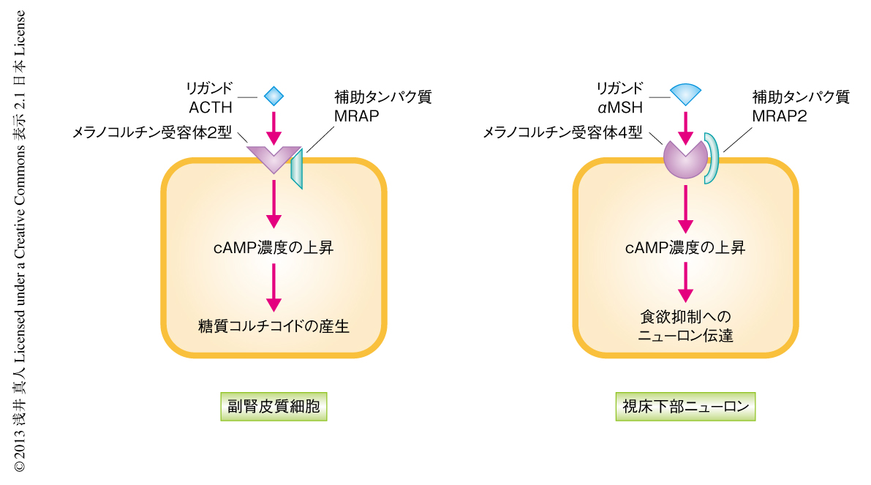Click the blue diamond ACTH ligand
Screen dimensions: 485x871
coord(274,96)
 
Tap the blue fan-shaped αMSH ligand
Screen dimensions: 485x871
coord(685,93)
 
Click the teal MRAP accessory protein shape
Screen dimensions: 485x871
coord(296,168)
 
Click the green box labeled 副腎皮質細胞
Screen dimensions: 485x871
coord(274,407)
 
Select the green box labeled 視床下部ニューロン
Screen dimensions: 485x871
coord(685,407)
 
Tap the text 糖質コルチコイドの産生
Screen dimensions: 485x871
coord(274,326)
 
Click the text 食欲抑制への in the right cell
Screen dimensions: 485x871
coord(685,317)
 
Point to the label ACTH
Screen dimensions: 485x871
coord(211,108)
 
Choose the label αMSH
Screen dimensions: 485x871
coord(620,108)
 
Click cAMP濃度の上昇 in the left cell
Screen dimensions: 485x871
coord(274,247)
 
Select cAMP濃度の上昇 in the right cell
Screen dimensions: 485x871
coord(685,247)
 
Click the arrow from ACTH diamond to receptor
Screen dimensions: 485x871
coord(274,127)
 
